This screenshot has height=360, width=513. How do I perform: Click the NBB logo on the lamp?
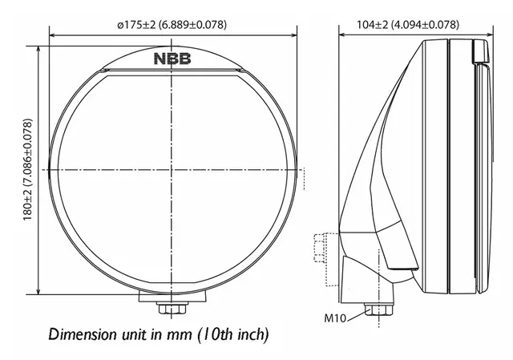pyautogui.click(x=172, y=58)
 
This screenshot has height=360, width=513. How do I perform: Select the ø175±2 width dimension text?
pyautogui.click(x=172, y=25)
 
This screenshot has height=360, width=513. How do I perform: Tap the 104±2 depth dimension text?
pyautogui.click(x=407, y=25)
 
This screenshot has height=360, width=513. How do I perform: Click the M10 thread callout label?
pyautogui.click(x=335, y=318)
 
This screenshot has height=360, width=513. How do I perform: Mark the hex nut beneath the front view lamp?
pyautogui.click(x=172, y=309)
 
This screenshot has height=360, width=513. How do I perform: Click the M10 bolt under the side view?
pyautogui.click(x=372, y=309)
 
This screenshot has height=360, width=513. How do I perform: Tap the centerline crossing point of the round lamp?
pyautogui.click(x=172, y=169)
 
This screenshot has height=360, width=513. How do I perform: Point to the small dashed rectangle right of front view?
pyautogui.click(x=303, y=178)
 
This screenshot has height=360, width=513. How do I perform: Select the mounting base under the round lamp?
pyautogui.click(x=172, y=295)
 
